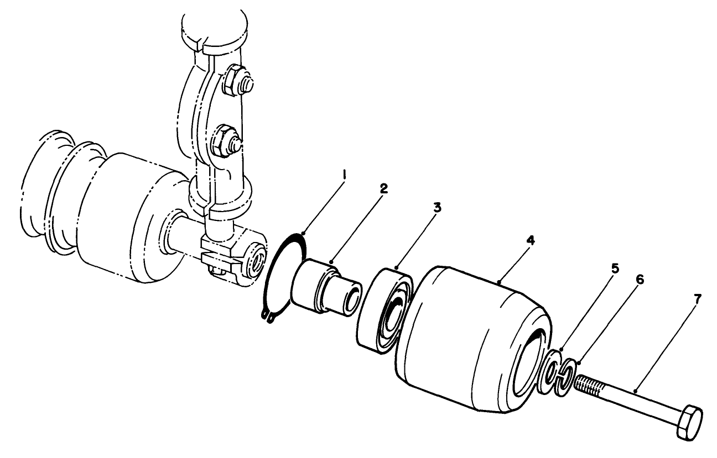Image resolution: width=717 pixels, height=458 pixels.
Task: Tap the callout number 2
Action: pyautogui.click(x=384, y=188)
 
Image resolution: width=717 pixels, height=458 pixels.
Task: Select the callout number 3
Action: pyautogui.click(x=437, y=209)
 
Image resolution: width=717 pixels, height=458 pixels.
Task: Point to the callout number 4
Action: pyautogui.click(x=531, y=241)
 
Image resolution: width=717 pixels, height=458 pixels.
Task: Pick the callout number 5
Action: pyautogui.click(x=615, y=269)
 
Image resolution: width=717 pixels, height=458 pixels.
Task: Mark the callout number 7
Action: pyautogui.click(x=697, y=299)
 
